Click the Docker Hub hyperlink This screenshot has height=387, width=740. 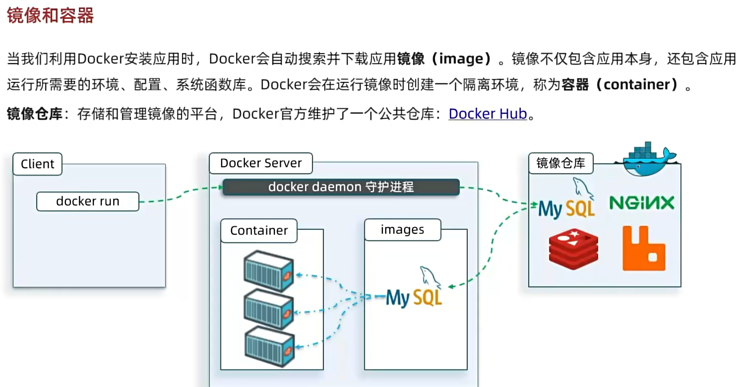pos(487,114)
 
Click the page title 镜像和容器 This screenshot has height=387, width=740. pos(50,16)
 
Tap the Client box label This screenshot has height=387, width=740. pos(37,164)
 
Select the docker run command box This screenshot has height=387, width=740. pos(88,201)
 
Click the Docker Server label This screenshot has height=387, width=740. pos(261,163)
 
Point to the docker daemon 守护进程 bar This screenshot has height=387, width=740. pos(341,187)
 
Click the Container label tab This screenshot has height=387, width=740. pos(259,231)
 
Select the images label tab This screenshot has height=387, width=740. pos(402,230)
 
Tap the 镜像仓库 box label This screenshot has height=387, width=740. pos(561,163)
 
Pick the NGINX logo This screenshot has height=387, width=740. pos(642,203)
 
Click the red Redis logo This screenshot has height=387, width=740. pos(573,249)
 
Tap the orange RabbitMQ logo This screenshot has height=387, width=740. pos(643,249)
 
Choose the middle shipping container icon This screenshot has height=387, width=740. pos(268,309)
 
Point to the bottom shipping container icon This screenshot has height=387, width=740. pos(269,347)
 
